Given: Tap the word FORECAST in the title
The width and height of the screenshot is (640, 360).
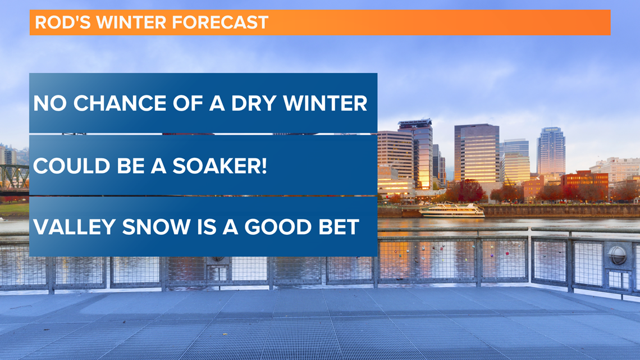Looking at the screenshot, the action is [220, 22].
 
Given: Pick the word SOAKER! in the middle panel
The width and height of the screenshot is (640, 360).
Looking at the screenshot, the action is [220, 166].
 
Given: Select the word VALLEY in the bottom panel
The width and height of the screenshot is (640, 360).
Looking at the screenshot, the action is [74, 227].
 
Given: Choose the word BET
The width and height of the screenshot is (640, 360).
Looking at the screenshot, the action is [339, 227].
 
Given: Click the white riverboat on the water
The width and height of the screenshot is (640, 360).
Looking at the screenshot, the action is [452, 211].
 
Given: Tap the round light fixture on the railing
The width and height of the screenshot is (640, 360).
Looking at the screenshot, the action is [617, 256].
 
